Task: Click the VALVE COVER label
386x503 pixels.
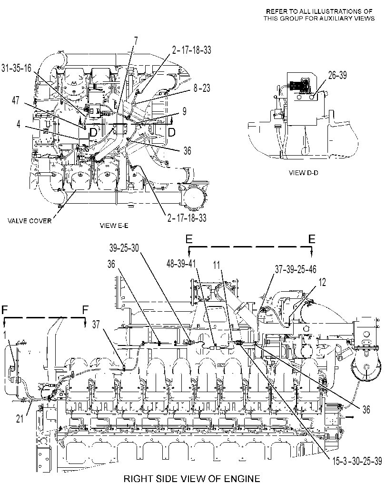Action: (29, 221)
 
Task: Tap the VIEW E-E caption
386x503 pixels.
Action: (114, 226)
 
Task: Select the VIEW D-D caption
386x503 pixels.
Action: (304, 173)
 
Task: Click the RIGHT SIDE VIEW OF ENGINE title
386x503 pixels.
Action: (192, 479)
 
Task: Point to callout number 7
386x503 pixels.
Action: (136, 41)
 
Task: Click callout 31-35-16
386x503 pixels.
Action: (16, 68)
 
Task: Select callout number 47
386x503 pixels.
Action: (16, 100)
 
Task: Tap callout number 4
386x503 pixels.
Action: (19, 124)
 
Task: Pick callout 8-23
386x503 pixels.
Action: (202, 88)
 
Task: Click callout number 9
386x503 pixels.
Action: (185, 111)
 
